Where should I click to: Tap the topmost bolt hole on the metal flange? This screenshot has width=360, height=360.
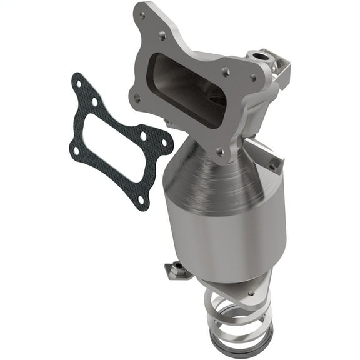click(142, 16)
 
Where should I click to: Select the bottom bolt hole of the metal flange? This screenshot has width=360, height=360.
click(219, 151)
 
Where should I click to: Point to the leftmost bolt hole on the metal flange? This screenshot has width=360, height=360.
click(137, 97)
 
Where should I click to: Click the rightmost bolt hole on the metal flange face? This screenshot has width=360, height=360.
click(252, 78)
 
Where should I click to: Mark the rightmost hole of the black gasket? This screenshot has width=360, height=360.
click(165, 143)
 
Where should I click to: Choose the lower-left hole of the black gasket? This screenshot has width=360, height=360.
click(76, 150)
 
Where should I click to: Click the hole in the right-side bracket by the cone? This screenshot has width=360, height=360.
click(272, 166)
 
